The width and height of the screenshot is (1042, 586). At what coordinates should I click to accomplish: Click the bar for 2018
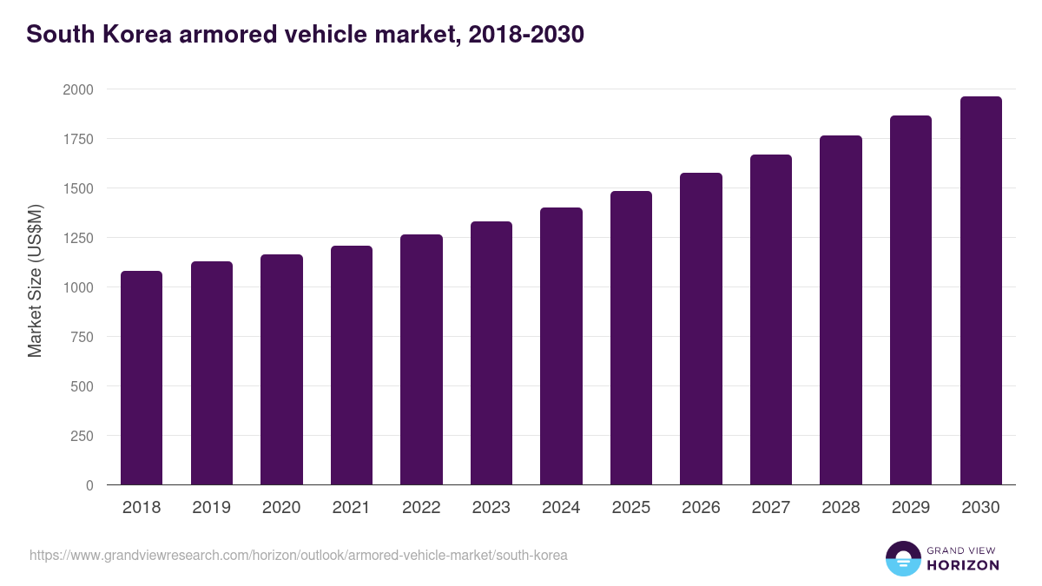142,378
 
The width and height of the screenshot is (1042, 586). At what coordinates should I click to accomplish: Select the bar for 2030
980,291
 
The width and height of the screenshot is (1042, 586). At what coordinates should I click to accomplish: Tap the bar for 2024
561,346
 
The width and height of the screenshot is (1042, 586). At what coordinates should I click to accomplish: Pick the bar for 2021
352,365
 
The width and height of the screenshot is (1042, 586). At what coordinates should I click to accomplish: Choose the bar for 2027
771,319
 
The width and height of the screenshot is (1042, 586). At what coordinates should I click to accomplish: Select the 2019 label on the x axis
211,508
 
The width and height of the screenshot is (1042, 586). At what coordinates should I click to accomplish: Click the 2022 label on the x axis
421,508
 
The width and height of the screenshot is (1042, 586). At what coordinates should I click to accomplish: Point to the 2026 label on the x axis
701,508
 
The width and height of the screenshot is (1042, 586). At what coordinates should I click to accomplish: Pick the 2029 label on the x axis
911,508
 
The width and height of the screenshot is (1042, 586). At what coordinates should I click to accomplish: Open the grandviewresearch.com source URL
299,555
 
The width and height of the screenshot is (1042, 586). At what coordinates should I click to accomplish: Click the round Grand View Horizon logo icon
903,558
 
